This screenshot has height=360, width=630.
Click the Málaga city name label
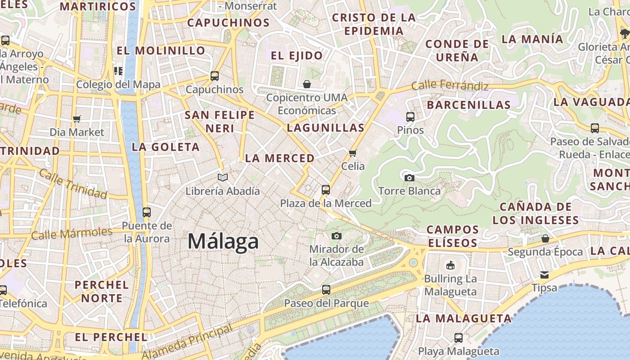coord(223,241)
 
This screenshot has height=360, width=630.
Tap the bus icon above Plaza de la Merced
coord(326,190)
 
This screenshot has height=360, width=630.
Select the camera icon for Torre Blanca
coord(409,178)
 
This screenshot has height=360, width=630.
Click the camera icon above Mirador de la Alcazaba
coord(336,236)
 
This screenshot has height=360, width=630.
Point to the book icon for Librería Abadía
coord(222,177)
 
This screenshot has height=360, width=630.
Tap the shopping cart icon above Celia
coord(353,153)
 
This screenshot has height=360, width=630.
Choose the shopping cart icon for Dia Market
coord(76,119)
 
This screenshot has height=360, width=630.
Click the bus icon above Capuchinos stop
coord(215,76)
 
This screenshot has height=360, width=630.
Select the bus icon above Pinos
coord(410,117)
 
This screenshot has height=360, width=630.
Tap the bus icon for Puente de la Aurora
coord(147,212)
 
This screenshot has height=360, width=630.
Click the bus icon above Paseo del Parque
coord(326,290)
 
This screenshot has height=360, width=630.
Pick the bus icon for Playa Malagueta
coord(458,337)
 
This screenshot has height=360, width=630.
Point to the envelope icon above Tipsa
coord(544,274)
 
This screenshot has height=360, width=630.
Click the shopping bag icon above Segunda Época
coord(545,238)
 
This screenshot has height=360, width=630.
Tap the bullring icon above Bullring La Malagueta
coord(450,265)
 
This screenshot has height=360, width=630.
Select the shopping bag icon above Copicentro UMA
coord(306,84)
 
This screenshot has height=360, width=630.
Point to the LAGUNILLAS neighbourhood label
coord(326,128)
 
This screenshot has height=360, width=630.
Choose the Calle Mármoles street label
coord(72,234)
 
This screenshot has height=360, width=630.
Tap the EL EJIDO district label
coord(297,56)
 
